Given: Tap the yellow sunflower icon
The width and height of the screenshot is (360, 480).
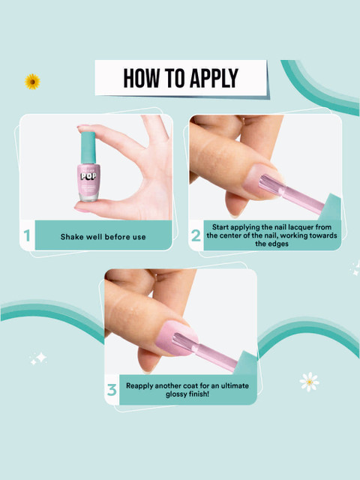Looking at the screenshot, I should (x=32, y=81).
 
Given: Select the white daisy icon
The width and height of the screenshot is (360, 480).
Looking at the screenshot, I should (x=309, y=382).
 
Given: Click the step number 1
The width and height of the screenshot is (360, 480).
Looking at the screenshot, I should (x=27, y=237).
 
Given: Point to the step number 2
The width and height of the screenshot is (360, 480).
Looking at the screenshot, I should (x=196, y=235).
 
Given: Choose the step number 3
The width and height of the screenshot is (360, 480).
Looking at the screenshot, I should (x=112, y=390).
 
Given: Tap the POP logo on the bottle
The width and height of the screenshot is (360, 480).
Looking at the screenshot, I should (x=88, y=180).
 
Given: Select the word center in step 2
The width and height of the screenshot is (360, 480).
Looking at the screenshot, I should (x=239, y=235).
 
